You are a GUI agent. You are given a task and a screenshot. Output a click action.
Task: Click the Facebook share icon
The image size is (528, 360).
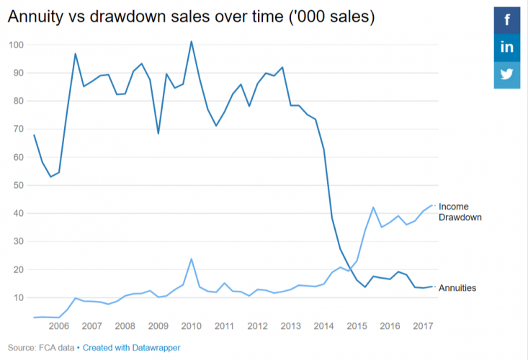507,20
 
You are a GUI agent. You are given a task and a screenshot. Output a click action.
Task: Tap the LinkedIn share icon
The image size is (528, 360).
507,48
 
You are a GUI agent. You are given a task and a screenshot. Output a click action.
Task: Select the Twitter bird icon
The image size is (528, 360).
507,74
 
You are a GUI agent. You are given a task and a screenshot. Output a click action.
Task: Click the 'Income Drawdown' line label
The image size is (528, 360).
460,212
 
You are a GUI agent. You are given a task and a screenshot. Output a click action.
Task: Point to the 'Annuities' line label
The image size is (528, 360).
458,288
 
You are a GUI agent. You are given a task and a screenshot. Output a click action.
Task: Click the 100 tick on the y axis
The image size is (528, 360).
16,45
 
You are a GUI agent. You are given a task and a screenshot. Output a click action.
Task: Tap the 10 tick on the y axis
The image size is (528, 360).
18,297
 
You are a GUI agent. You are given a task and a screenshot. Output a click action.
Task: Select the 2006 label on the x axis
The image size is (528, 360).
58,326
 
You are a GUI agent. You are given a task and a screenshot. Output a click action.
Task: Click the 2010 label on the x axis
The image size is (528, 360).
191,326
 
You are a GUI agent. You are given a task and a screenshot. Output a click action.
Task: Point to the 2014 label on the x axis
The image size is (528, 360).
323,326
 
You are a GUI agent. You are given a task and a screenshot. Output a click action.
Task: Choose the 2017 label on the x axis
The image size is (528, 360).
423,326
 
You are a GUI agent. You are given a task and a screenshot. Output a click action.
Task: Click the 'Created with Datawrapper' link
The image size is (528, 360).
131,348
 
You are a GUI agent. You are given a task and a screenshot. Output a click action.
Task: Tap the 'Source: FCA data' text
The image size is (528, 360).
42,348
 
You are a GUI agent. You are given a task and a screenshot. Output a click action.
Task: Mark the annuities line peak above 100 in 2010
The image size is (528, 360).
191,42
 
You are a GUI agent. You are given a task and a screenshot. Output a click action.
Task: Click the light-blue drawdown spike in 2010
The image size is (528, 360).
191,259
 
